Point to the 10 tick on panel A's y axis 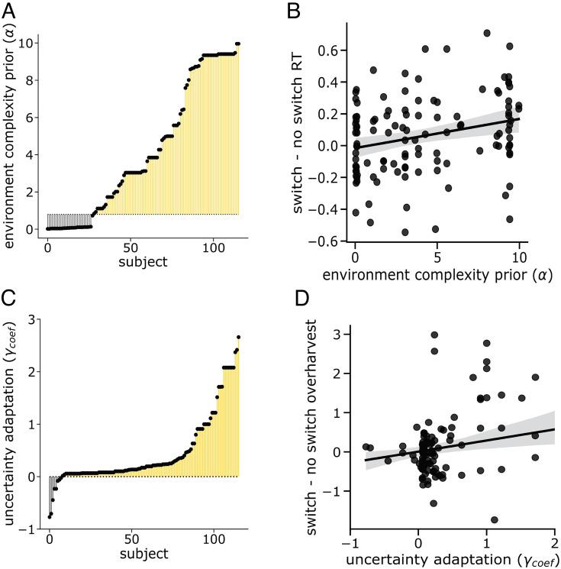[31, 43]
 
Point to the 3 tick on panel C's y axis [31, 319]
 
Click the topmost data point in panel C [239, 338]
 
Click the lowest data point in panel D [494, 520]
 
